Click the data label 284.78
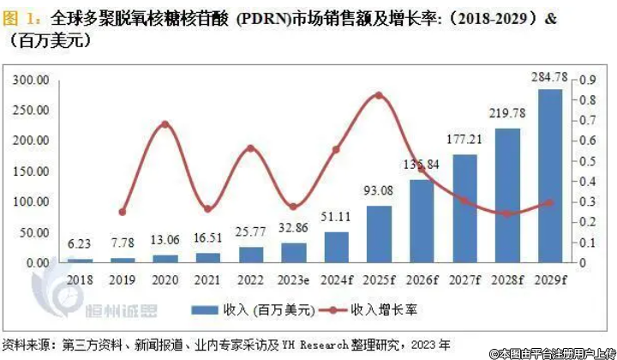coord(550,80)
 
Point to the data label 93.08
coord(379,190)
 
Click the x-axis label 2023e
coord(293,279)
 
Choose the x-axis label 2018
coord(79,279)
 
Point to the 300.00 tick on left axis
coord(29,80)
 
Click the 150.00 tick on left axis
coord(29,171)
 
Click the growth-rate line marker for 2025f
coord(379,95)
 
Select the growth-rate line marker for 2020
coord(165,124)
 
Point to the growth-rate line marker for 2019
coord(122,212)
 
